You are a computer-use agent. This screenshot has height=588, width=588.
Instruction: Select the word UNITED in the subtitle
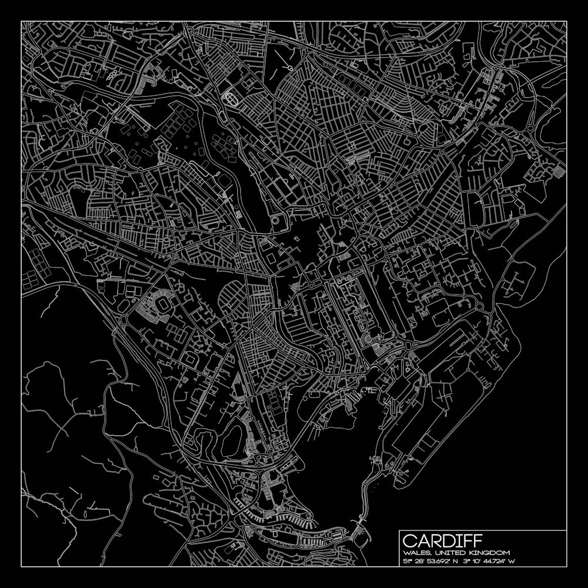(444, 553)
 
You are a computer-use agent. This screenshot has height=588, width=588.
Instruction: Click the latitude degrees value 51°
(407, 562)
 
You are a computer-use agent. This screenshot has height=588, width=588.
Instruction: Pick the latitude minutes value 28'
(421, 562)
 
